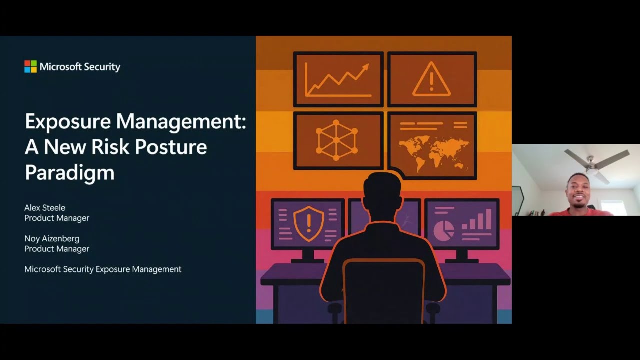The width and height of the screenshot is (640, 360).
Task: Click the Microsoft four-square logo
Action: pyautogui.click(x=30, y=67)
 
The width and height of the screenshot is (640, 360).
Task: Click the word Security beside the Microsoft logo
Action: pyautogui.click(x=100, y=67)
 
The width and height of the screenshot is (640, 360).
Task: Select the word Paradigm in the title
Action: pyautogui.click(x=69, y=172)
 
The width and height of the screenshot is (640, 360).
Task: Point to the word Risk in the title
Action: pyautogui.click(x=110, y=147)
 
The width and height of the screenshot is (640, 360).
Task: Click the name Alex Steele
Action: pyautogui.click(x=45, y=208)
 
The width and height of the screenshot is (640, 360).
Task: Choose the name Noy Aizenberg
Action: pyautogui.click(x=52, y=239)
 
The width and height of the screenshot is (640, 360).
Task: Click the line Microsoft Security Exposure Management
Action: pyautogui.click(x=103, y=269)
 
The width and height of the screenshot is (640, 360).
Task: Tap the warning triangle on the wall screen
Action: pyautogui.click(x=431, y=79)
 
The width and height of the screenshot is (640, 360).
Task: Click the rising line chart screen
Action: pyautogui.click(x=338, y=79)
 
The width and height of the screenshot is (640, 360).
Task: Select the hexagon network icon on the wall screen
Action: pyautogui.click(x=336, y=140)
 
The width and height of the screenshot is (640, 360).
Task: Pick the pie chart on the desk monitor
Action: pyautogui.click(x=443, y=230)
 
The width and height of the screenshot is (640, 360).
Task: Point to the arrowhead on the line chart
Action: pyautogui.click(x=365, y=67)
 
